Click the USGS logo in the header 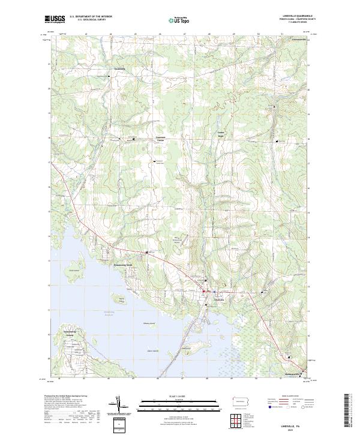55,20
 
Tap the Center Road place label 220,134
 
